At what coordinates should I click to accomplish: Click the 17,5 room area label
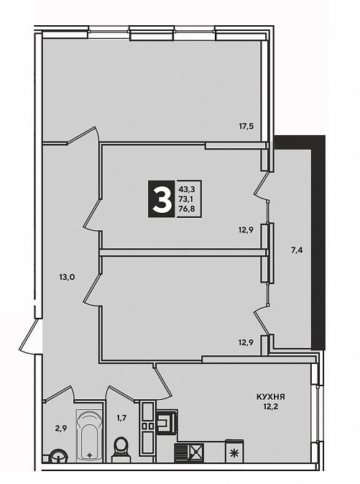pyautogui.click(x=248, y=127)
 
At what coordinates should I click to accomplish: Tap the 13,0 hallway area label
pyautogui.click(x=67, y=277)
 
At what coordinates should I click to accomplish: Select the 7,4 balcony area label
pyautogui.click(x=297, y=250)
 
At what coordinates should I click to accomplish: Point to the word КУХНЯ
pyautogui.click(x=270, y=397)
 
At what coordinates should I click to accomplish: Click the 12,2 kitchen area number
pyautogui.click(x=271, y=406)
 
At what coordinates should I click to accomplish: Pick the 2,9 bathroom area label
pyautogui.click(x=61, y=428)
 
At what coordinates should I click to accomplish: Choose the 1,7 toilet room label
pyautogui.click(x=121, y=419)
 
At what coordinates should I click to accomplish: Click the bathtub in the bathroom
pyautogui.click(x=89, y=436)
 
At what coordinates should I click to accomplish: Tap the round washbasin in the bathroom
pyautogui.click(x=59, y=456)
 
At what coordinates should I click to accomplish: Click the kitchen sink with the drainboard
pyautogui.click(x=189, y=452)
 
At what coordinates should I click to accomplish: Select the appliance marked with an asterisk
pyautogui.click(x=234, y=452)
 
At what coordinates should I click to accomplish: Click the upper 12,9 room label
pyautogui.click(x=246, y=229)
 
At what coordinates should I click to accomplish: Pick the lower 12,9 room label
pyautogui.click(x=246, y=342)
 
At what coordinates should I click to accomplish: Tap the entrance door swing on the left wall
pyautogui.click(x=30, y=337)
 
